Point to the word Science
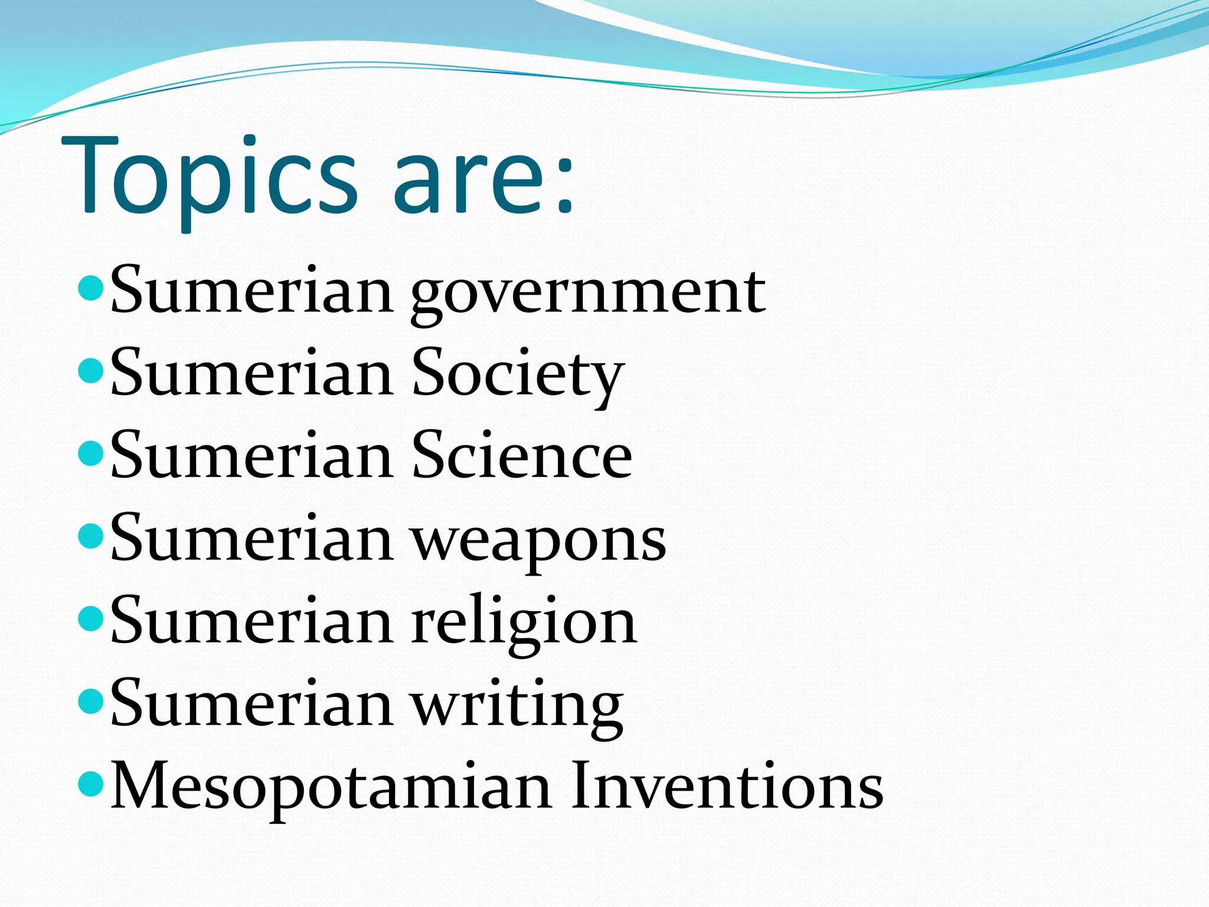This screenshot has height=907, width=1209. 522,456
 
